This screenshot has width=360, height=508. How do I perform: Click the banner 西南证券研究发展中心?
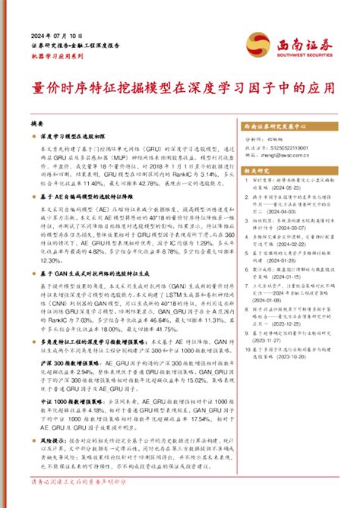[x=276, y=127]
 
